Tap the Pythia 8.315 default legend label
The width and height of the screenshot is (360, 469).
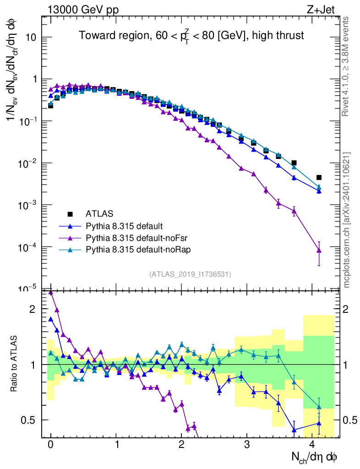click(124, 226)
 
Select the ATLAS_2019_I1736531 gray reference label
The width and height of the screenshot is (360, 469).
click(190, 274)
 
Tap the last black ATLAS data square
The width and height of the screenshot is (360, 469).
click(319, 177)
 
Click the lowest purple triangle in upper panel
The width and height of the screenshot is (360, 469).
click(319, 250)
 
